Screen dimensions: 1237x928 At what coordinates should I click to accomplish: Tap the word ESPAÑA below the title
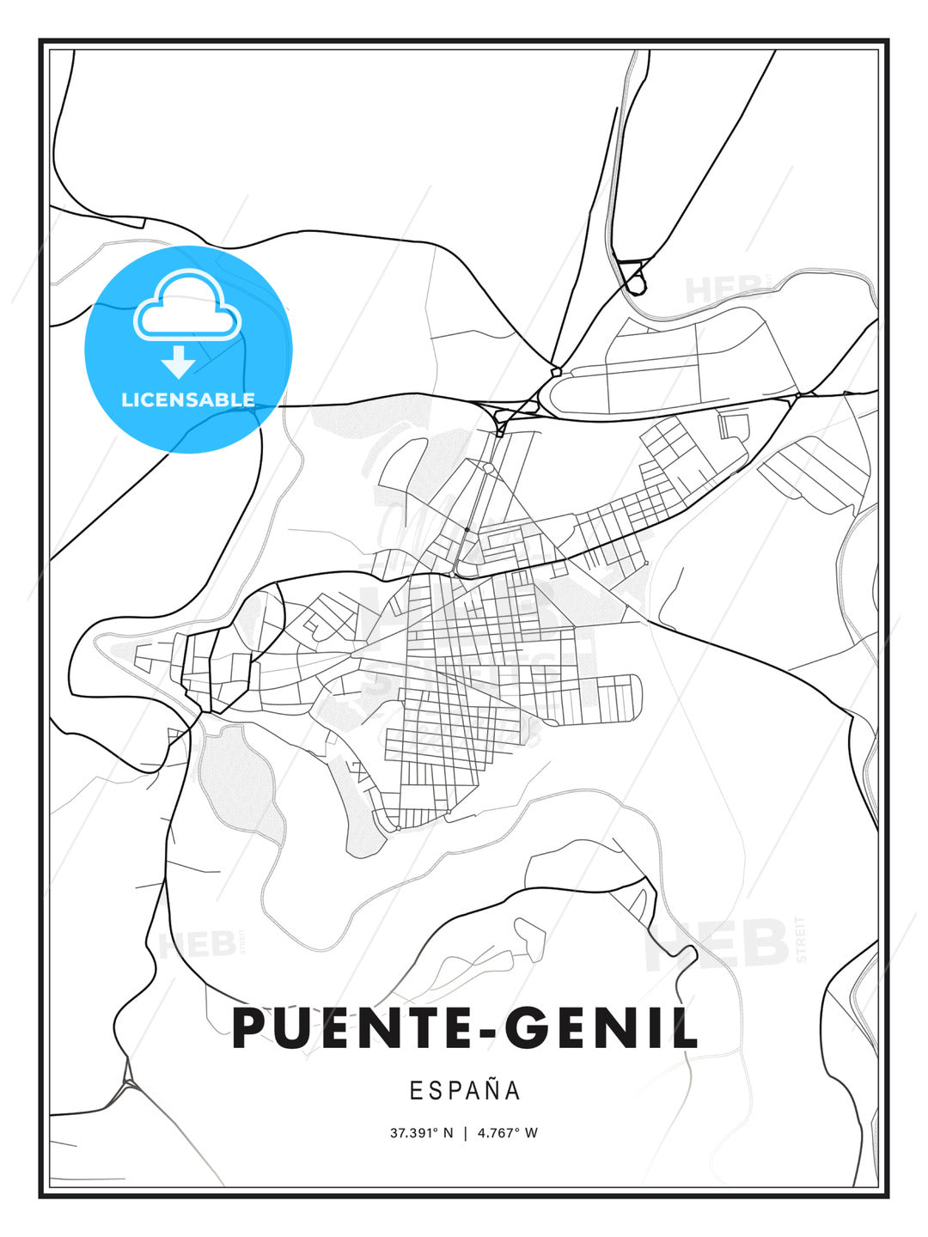(x=465, y=1091)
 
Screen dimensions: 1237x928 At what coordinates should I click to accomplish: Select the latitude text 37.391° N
(x=421, y=1133)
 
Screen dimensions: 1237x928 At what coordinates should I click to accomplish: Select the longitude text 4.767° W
(x=507, y=1133)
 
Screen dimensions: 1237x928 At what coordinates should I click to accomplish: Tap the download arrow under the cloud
(x=178, y=363)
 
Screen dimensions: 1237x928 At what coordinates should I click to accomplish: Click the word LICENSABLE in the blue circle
(x=188, y=399)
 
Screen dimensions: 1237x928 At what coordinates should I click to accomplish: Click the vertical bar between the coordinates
(x=465, y=1133)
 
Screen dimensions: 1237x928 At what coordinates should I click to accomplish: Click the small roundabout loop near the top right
(x=635, y=280)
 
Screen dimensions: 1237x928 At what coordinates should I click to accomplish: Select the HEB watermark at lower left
(x=198, y=945)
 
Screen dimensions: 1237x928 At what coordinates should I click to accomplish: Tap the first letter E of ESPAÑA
(x=416, y=1091)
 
